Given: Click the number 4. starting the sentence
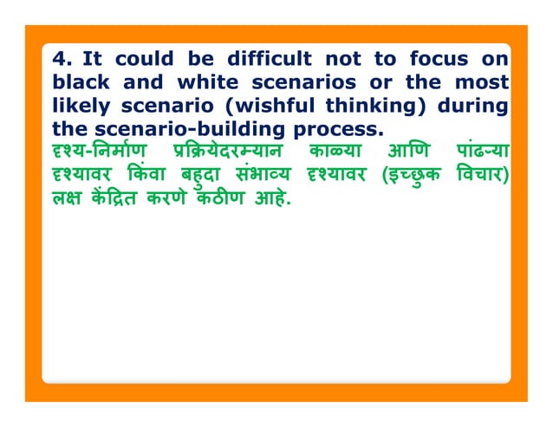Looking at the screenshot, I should point(62,60).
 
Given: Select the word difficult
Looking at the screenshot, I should point(269,60).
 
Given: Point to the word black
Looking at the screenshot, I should point(77,83).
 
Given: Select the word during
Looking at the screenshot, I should point(473,107).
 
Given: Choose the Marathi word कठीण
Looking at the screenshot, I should point(214,198).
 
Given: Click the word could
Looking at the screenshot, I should point(144,60).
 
